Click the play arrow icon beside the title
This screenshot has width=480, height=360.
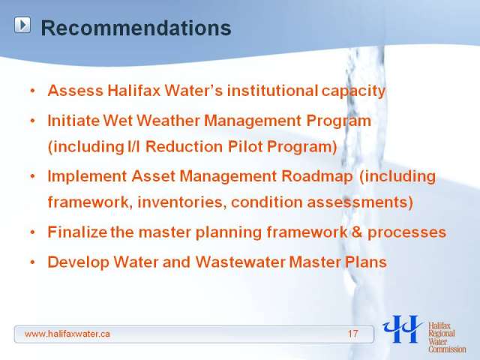click(x=22, y=25)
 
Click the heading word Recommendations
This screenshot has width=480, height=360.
click(x=136, y=28)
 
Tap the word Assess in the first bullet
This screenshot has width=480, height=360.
click(x=75, y=91)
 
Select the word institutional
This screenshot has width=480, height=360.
click(x=272, y=91)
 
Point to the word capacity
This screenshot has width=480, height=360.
click(x=353, y=91)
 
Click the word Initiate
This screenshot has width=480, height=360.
click(x=73, y=121)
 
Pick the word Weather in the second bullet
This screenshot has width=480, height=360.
click(x=168, y=121)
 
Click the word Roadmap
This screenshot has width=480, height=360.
click(x=316, y=177)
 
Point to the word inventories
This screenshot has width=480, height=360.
click(x=181, y=202)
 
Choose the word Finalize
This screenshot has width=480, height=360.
click(x=77, y=232)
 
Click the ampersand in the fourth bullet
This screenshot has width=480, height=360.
click(x=357, y=232)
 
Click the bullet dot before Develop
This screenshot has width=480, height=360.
click(x=33, y=262)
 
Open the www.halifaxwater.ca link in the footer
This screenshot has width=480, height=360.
click(x=67, y=334)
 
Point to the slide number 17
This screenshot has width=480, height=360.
click(x=352, y=334)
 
